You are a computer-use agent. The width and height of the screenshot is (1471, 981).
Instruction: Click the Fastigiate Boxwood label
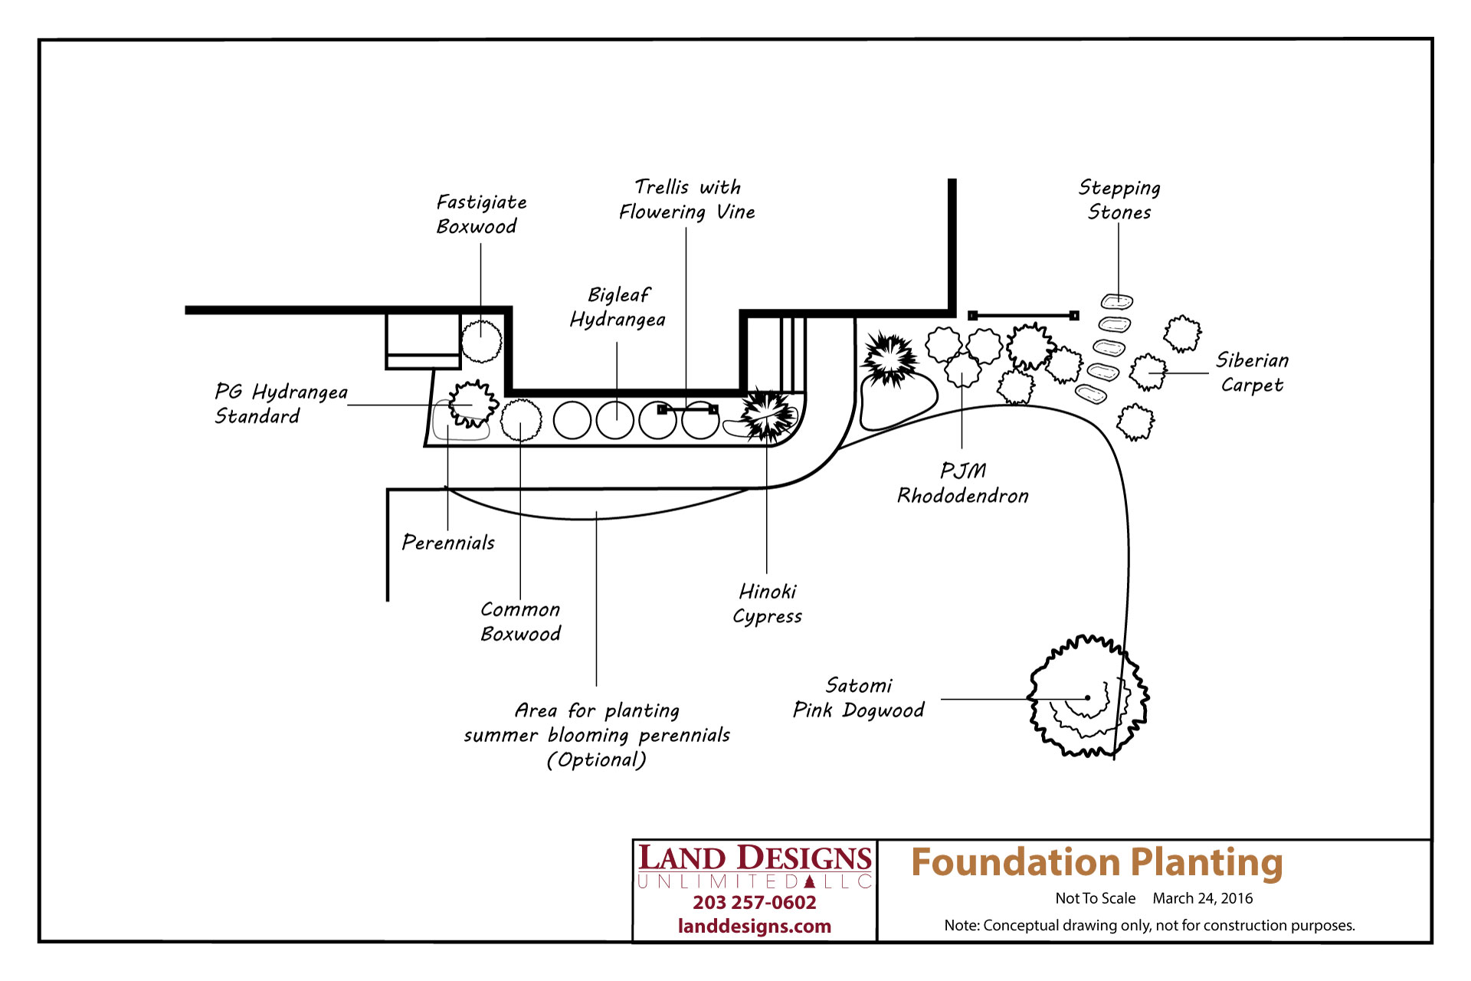pos(481,214)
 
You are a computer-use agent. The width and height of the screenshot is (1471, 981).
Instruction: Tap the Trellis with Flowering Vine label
pos(686,199)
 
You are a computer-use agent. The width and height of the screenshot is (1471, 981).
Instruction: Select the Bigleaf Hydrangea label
pos(618,307)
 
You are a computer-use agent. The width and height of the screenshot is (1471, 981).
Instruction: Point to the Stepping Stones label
pos(1119,200)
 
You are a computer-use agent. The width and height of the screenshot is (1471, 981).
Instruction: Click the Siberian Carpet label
pos(1252,372)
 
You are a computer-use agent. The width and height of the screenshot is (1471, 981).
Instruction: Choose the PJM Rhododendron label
pos(963,483)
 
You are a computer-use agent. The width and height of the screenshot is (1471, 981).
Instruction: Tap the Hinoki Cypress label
pos(767,604)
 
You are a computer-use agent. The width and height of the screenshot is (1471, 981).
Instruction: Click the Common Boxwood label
pos(520,622)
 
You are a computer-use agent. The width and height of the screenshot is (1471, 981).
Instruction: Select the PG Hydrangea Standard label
pos(280,404)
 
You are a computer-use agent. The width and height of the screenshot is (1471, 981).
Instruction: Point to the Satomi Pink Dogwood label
pos(858,697)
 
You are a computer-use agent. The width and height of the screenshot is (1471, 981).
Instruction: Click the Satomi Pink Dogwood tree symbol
pos(1087,697)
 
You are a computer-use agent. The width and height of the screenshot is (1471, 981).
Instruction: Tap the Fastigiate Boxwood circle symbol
pos(481,341)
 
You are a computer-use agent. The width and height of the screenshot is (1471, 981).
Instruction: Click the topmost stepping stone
pos(1117,302)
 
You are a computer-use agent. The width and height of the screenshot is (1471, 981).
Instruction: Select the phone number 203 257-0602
pos(755,903)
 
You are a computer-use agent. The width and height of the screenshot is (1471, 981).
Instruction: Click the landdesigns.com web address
pos(755,927)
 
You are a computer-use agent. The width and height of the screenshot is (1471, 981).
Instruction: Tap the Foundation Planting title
pos(1096,862)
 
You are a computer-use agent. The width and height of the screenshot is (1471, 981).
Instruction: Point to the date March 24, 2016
pos(1202,898)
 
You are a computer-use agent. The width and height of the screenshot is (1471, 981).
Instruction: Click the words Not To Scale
pos(1095,898)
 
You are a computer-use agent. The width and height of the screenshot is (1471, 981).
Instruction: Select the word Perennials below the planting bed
pos(448,543)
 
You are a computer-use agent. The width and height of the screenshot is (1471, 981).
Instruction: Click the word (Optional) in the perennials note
pos(596,760)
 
